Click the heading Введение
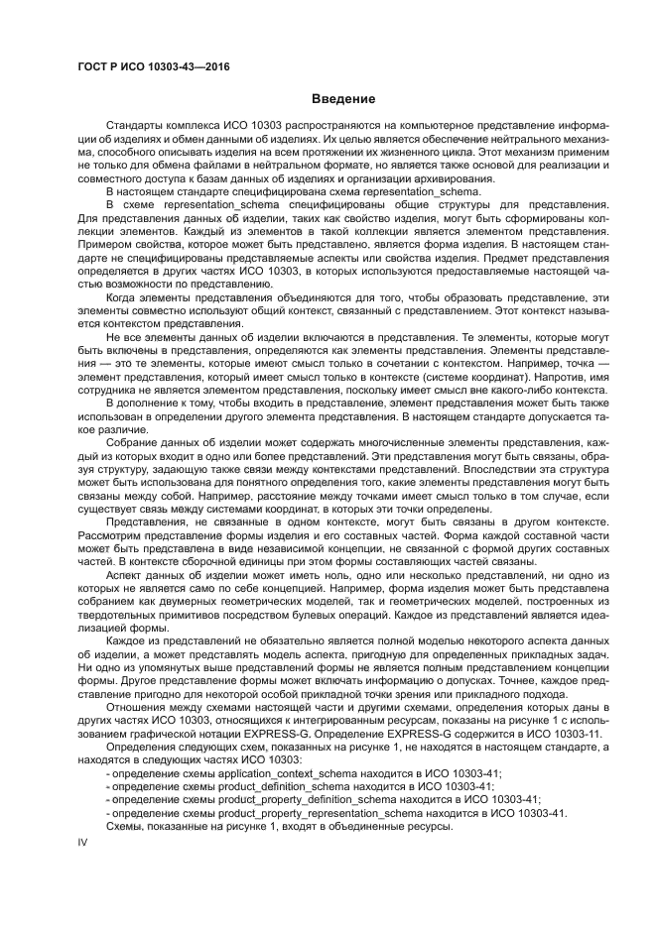click(x=342, y=99)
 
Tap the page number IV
click(x=83, y=841)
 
